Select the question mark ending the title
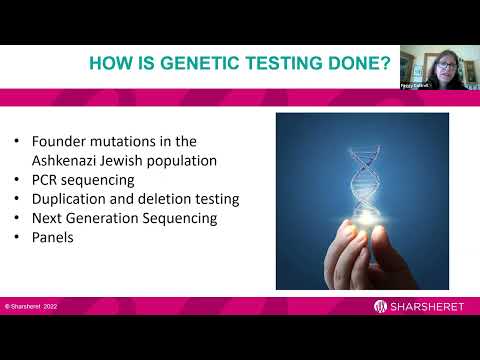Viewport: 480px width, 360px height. [383, 65]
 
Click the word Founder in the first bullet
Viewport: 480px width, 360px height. [65, 140]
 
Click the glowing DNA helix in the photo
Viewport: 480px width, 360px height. [362, 180]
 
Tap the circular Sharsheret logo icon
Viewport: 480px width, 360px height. [381, 306]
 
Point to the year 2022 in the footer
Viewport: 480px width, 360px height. [50, 306]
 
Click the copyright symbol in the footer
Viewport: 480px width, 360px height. [7, 306]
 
